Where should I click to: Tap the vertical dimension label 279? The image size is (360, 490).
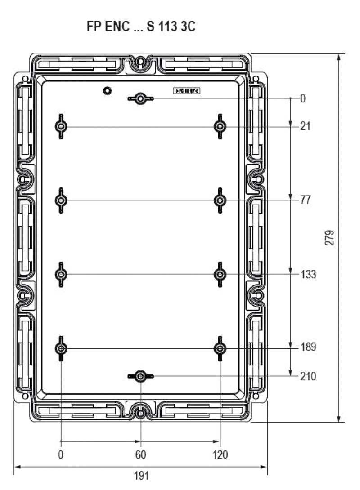click(330, 238)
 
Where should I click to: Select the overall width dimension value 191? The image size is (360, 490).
click(141, 476)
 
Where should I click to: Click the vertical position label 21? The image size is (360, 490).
click(306, 127)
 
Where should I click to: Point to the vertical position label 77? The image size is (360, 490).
click(306, 200)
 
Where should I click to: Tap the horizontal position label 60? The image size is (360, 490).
click(141, 454)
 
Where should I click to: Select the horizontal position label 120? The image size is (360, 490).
click(220, 454)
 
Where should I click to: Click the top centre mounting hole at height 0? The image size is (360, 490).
click(141, 98)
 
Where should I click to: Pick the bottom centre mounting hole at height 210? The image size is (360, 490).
click(141, 376)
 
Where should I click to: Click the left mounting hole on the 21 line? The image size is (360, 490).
click(61, 127)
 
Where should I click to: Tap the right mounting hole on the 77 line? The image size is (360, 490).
click(220, 200)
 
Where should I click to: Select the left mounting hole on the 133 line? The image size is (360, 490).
click(61, 274)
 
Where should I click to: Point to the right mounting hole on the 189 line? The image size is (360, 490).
click(220, 348)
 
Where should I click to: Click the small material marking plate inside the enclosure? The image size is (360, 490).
click(186, 91)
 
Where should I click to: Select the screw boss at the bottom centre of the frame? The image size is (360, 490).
click(141, 413)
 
